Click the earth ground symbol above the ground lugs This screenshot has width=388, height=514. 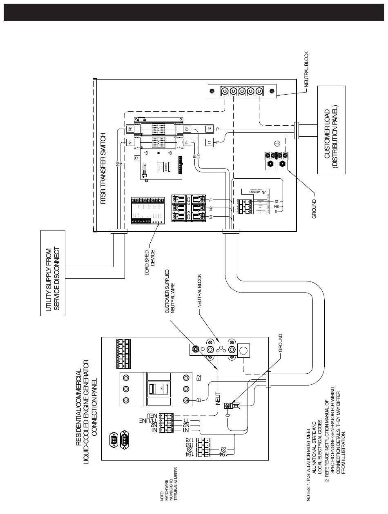click(x=277, y=144)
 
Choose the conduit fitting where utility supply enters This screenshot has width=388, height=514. click(x=118, y=232)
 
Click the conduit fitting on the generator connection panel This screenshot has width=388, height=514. click(x=268, y=380)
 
